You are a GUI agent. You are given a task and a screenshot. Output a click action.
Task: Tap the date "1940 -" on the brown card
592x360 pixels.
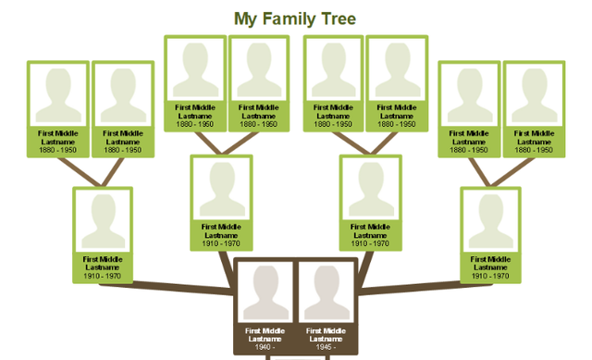click(x=265, y=348)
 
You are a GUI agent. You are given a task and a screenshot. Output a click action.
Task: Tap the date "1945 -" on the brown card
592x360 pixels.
click(x=326, y=348)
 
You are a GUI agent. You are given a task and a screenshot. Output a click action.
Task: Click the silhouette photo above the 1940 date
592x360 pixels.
click(x=265, y=293)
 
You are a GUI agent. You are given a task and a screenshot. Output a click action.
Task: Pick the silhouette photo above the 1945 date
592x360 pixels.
click(x=326, y=293)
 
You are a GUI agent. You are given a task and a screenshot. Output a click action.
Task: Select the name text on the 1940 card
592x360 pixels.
click(x=265, y=334)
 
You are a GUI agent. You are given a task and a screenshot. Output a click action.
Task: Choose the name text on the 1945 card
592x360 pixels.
click(x=326, y=334)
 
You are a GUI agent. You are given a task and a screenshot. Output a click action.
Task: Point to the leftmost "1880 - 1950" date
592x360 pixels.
click(x=57, y=149)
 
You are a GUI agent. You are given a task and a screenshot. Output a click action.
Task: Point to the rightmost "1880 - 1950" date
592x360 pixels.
click(x=534, y=149)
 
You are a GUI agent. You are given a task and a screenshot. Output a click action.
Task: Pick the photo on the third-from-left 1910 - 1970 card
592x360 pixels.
click(x=371, y=189)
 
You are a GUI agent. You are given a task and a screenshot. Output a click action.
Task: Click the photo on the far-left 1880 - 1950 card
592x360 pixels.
click(x=57, y=93)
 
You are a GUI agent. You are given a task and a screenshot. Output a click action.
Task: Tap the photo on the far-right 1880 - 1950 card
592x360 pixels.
click(x=534, y=93)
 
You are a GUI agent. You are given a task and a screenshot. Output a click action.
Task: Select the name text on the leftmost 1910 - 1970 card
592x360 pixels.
click(x=103, y=263)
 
